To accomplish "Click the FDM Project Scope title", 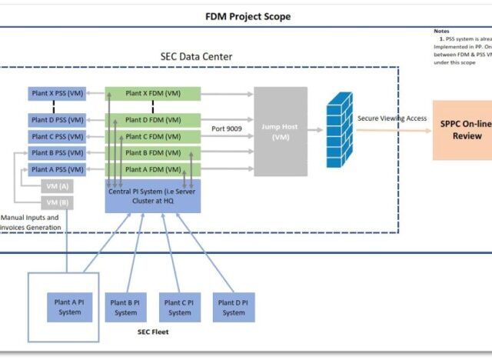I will [248, 16].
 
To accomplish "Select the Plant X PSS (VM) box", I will [58, 93].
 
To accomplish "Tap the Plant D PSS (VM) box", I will [58, 119].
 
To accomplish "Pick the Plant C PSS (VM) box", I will [58, 136].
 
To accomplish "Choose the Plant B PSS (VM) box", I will [58, 153].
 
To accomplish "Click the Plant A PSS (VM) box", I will [58, 169].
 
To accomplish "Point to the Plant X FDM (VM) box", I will [152, 93].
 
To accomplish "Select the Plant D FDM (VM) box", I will [152, 119].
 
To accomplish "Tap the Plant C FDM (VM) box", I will [152, 136].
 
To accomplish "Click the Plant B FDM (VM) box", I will [152, 153].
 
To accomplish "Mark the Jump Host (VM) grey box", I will [281, 132].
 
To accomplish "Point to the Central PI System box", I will [152, 195].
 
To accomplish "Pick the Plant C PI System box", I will [179, 308].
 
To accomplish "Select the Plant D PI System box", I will [233, 308].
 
